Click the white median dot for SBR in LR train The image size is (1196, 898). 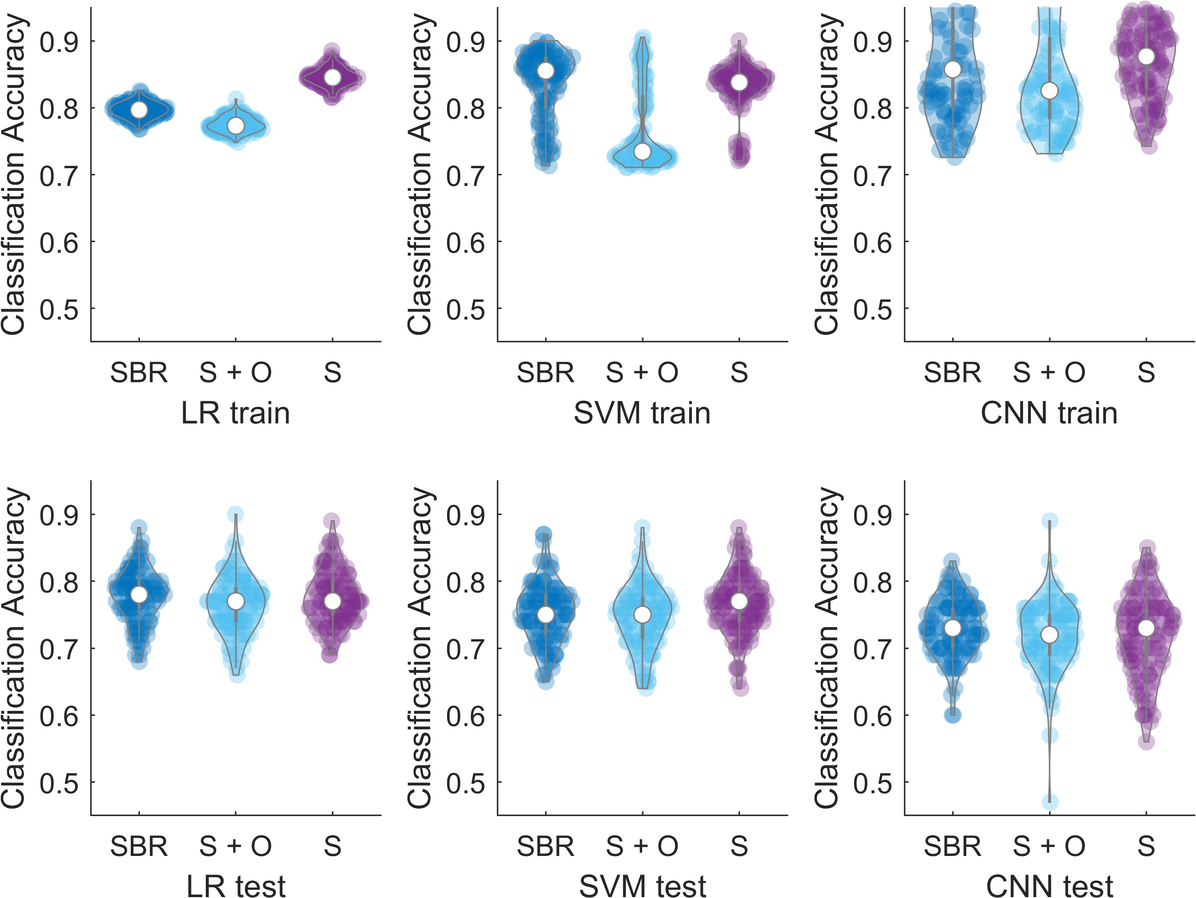tap(139, 110)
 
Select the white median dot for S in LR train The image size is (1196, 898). tap(332, 78)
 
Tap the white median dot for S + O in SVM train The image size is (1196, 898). tap(643, 152)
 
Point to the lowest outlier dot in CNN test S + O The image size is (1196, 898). tap(1050, 802)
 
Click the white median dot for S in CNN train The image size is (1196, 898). tap(1146, 56)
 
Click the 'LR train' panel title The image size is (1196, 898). tap(235, 414)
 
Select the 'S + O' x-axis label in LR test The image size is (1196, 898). tap(235, 846)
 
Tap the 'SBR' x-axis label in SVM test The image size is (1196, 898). tap(546, 846)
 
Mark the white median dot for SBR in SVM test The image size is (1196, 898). tap(546, 615)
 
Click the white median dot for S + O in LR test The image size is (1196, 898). tap(236, 601)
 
